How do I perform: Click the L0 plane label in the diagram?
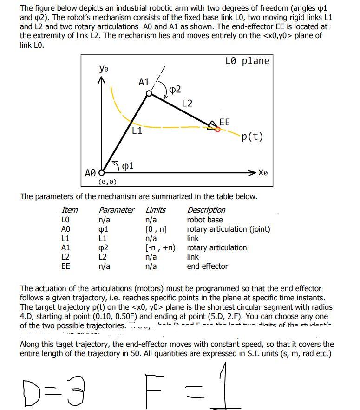[247, 61]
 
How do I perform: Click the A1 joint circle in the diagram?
[149, 94]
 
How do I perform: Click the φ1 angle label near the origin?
[128, 166]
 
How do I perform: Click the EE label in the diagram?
[224, 122]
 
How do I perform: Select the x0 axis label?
[263, 172]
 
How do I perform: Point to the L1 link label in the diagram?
[137, 131]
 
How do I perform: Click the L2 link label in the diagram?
[187, 103]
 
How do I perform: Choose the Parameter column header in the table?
[117, 210]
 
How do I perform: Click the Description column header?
[206, 210]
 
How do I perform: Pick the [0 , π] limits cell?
[156, 229]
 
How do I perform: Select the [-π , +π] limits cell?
[161, 247]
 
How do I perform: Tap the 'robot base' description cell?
[204, 220]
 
